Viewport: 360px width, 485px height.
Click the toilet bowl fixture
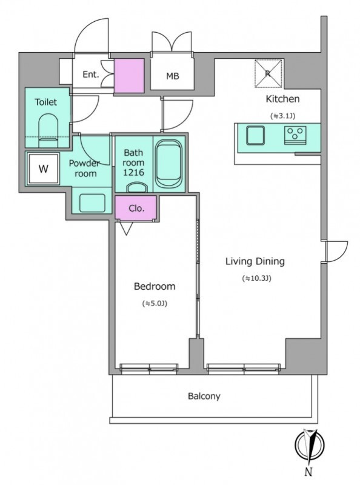tap(48, 130)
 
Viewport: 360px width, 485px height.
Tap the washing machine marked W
tap(43, 169)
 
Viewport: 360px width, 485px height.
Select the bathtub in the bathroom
tap(168, 164)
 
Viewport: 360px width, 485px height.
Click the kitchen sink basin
tap(256, 135)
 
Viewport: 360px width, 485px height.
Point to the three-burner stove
tap(295, 135)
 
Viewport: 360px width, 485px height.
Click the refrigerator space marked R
tap(268, 73)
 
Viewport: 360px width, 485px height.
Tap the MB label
tap(173, 76)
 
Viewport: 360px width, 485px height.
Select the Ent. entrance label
tap(91, 75)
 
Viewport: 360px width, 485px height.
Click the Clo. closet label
tap(136, 208)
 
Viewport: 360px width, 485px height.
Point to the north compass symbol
tap(309, 444)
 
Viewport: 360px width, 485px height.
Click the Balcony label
tap(204, 396)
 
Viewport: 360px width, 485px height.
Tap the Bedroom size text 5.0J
tap(155, 304)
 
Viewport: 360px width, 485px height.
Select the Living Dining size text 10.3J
tap(256, 278)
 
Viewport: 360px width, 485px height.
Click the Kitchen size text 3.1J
tap(282, 116)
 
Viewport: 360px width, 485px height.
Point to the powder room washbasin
tap(92, 203)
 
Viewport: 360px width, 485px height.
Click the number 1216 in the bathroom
tap(133, 172)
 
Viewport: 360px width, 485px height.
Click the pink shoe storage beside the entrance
tap(129, 75)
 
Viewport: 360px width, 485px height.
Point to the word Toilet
tap(46, 102)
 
